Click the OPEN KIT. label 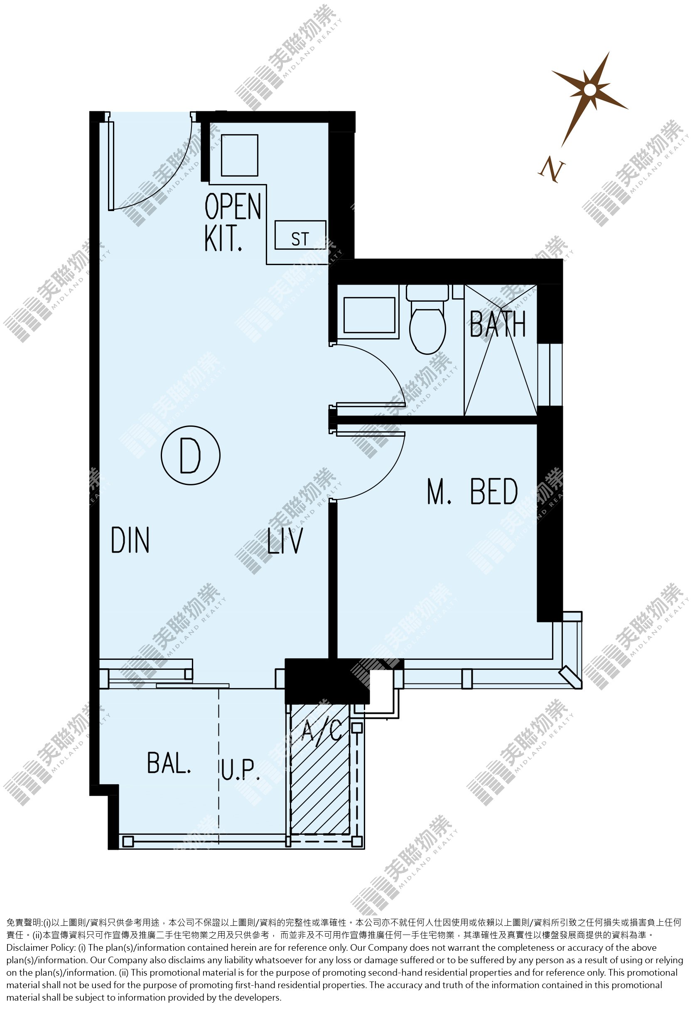tap(233, 222)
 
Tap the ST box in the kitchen tap(300, 235)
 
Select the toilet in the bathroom tap(427, 320)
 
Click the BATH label tap(498, 324)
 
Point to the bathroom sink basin tap(369, 315)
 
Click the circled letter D tap(190, 455)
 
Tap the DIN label tap(130, 540)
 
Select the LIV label tap(285, 540)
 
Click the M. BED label tap(472, 491)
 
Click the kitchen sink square tap(240, 155)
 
